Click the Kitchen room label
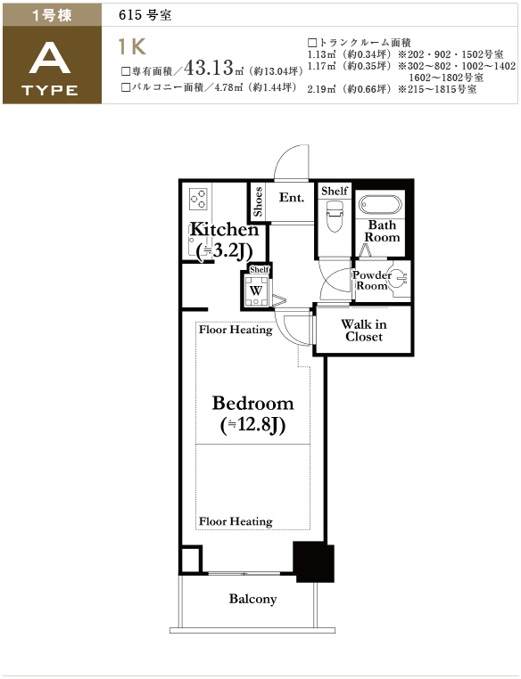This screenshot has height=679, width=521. (224, 229)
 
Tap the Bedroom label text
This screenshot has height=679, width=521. (252, 403)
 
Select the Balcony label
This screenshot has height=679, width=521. (252, 599)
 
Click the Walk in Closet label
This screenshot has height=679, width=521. (364, 331)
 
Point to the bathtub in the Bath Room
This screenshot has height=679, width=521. (380, 205)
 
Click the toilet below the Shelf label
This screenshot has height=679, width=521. (335, 216)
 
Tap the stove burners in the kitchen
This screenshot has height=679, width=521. (198, 200)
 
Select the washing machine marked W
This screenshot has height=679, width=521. (256, 290)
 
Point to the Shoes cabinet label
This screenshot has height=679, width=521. (258, 201)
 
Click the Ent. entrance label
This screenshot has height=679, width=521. (291, 198)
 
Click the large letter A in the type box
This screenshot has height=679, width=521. (50, 60)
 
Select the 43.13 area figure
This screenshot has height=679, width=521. (210, 67)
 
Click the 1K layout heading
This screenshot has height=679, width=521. (133, 46)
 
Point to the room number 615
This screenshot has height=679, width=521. (130, 15)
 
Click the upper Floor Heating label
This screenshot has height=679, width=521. (236, 330)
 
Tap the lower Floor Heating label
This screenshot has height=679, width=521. (236, 521)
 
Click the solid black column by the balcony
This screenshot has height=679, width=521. (314, 561)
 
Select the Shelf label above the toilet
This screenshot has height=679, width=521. (335, 191)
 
